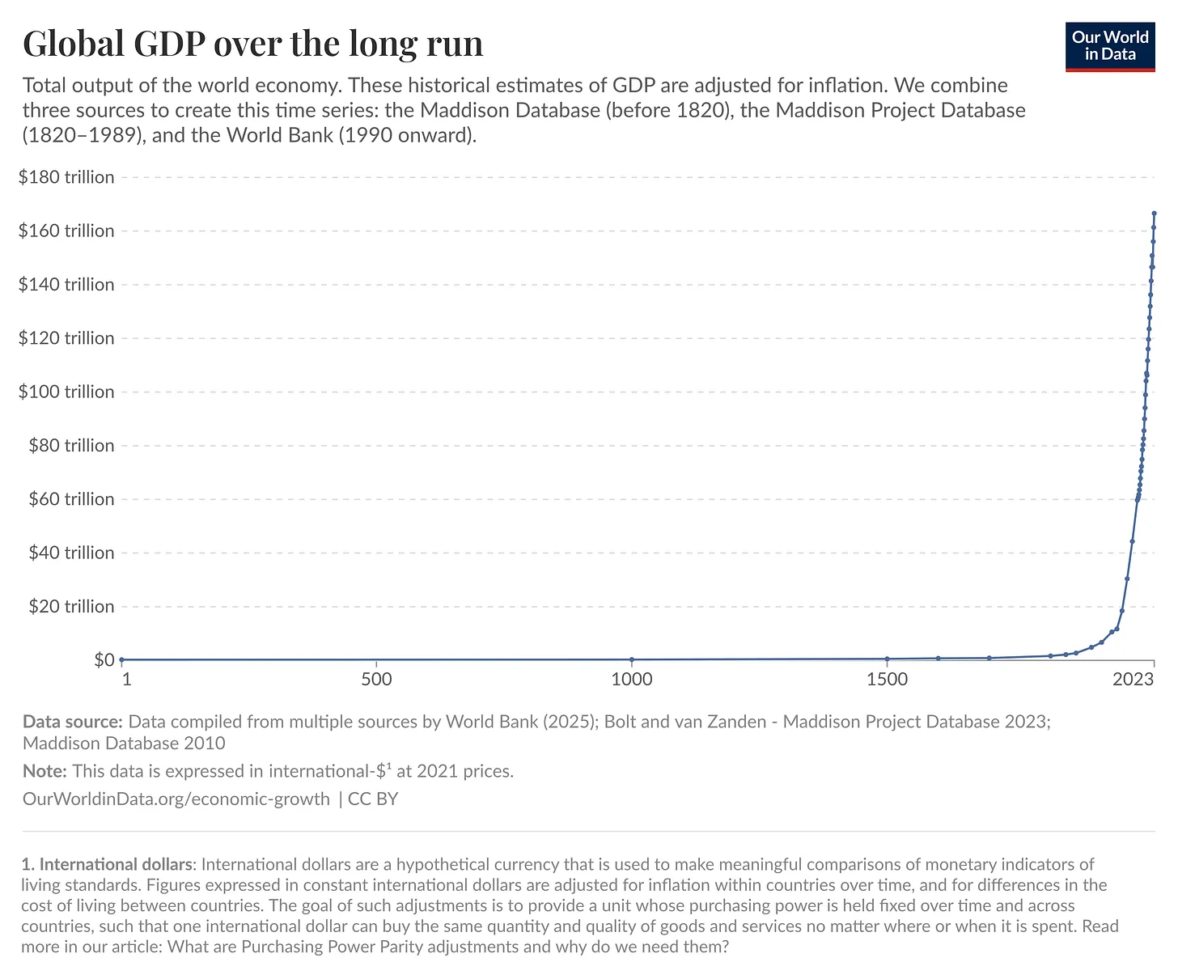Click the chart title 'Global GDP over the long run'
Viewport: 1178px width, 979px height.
pos(252,44)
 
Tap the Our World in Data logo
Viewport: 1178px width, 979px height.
pos(1109,47)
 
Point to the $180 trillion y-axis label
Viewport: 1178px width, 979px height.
pos(66,177)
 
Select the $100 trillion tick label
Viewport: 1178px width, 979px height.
pos(66,392)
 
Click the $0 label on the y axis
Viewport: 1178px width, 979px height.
pos(104,660)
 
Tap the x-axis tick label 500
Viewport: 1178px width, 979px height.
pos(377,680)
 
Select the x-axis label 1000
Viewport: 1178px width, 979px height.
pos(632,680)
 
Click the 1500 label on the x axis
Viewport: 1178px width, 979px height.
pos(888,680)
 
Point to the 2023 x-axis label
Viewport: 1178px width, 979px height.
pos(1133,680)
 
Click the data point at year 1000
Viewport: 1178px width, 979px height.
pos(632,659)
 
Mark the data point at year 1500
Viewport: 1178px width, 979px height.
pos(888,659)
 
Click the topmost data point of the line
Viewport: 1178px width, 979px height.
pos(1154,214)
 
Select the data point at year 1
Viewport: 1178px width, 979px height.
pos(121,660)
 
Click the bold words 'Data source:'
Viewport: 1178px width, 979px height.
pos(73,722)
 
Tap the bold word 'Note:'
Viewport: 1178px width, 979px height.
pos(45,771)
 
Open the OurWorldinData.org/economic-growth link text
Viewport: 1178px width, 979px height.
pos(176,799)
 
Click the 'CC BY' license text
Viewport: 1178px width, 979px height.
pos(373,799)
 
